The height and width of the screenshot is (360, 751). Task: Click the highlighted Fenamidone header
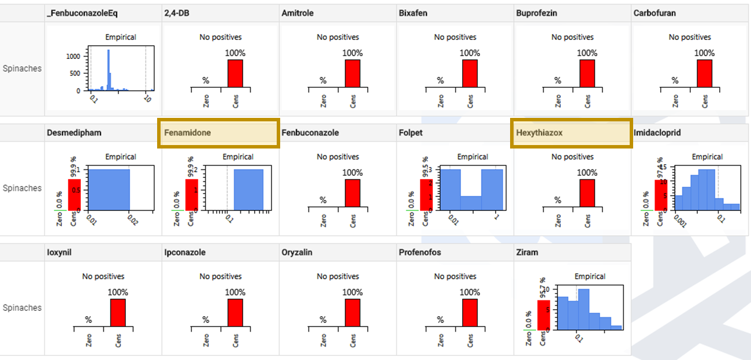click(x=218, y=133)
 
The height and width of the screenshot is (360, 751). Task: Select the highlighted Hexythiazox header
click(x=571, y=133)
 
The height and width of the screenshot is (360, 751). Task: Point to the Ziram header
click(x=527, y=253)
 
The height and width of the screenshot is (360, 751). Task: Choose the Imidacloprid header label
click(x=657, y=133)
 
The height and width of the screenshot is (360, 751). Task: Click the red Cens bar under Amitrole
click(x=352, y=73)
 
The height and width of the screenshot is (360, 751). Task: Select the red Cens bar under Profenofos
click(x=470, y=313)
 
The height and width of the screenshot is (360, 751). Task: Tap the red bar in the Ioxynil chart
click(x=118, y=313)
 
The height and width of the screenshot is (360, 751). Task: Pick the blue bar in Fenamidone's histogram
click(x=248, y=189)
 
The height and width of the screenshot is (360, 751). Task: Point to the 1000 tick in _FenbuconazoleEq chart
click(x=73, y=57)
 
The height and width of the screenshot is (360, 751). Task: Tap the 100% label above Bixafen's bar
click(x=470, y=53)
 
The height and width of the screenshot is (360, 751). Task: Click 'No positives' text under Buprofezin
click(x=572, y=37)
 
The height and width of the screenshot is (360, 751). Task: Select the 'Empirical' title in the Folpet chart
click(x=473, y=157)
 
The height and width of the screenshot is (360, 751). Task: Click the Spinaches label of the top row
click(x=22, y=68)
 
